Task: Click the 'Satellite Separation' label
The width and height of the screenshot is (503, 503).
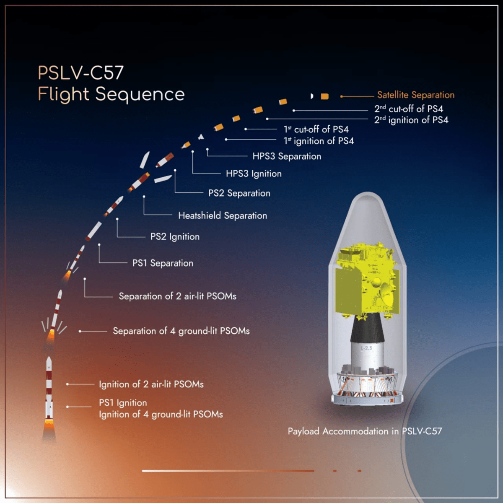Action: tap(415, 95)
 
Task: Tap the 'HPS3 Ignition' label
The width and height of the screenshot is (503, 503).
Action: tap(254, 174)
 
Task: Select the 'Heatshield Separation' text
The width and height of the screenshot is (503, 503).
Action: tap(223, 215)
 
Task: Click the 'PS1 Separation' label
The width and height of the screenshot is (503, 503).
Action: tap(163, 263)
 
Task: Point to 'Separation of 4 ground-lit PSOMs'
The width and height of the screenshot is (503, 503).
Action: tap(181, 331)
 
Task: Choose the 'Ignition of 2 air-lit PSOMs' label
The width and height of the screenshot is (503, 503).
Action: tap(151, 384)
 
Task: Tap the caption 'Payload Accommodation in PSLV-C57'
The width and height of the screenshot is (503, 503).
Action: tap(365, 431)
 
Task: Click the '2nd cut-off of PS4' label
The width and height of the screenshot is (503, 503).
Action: tap(409, 109)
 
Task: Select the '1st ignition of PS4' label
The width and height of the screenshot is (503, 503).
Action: tap(319, 141)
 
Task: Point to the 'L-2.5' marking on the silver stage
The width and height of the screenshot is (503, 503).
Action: tap(366, 348)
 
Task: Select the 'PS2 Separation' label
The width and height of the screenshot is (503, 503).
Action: tap(239, 193)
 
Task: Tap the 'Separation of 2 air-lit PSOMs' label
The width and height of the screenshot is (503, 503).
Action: tap(177, 296)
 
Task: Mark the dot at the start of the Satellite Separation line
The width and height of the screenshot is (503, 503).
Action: tap(342, 96)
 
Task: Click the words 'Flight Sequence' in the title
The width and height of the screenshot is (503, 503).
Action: tap(111, 94)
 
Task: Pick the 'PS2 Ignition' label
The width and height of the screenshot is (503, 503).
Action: tap(175, 237)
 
